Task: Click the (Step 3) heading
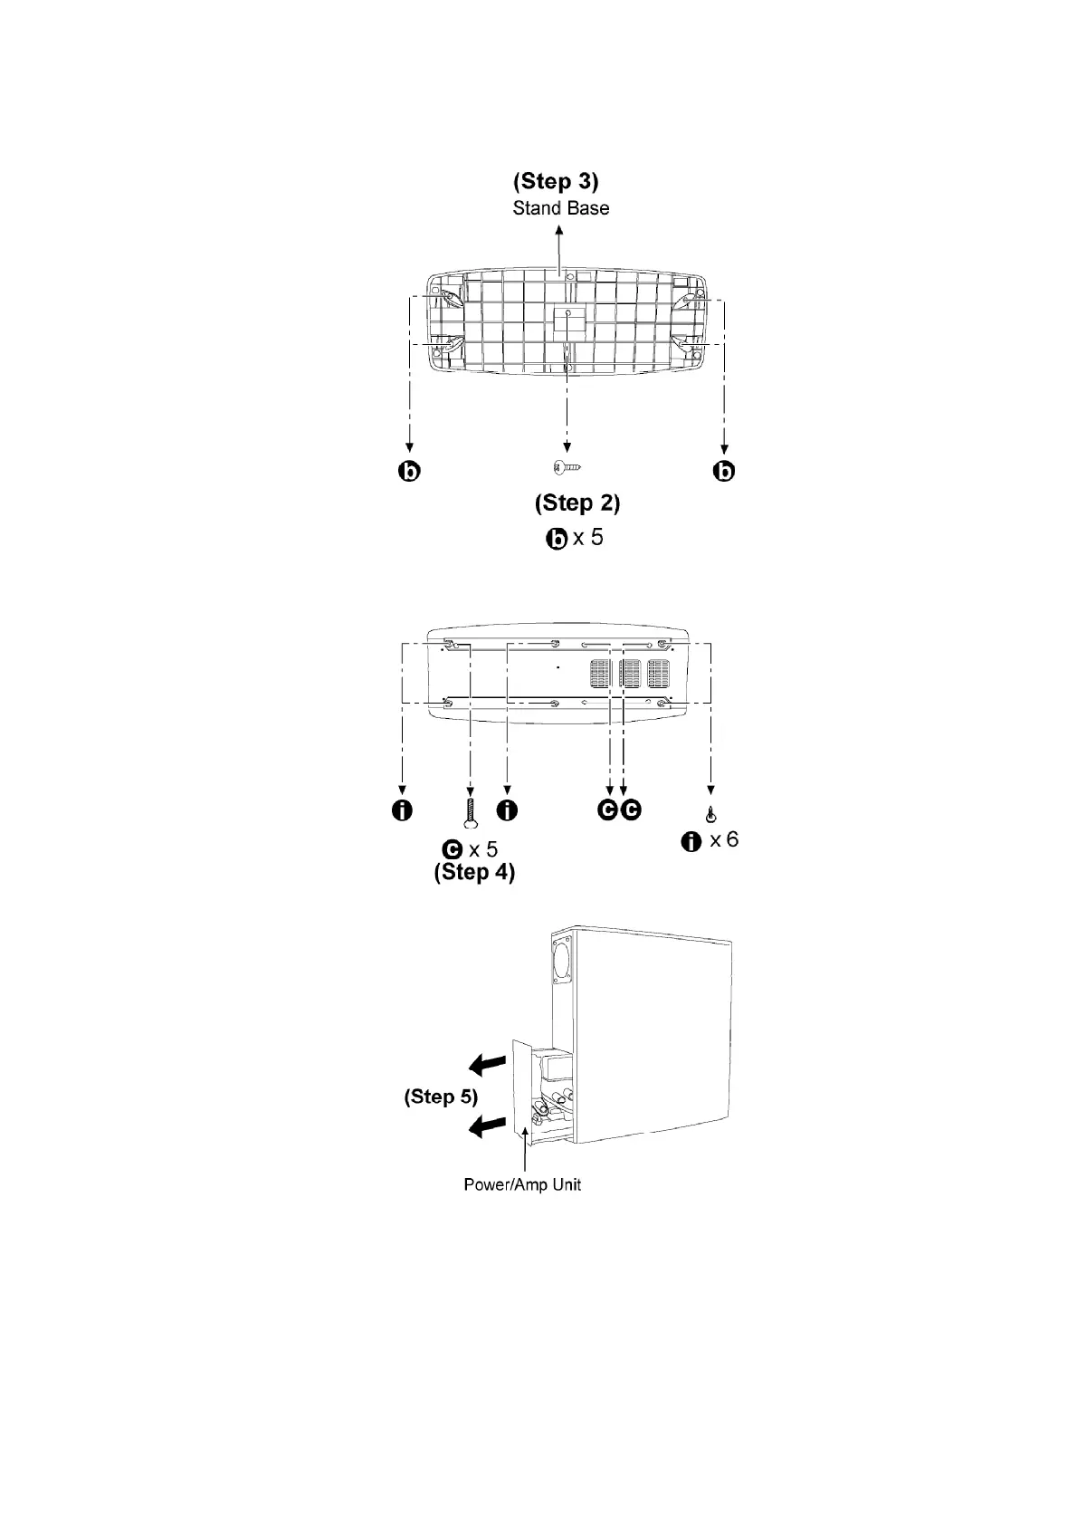(556, 181)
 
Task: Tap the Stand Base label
(560, 208)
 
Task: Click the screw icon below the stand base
(567, 466)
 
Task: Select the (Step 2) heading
(577, 503)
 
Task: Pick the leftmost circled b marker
(410, 471)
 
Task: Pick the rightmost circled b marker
(724, 471)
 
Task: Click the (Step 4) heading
(474, 873)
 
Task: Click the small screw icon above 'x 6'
(711, 812)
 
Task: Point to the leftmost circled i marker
(402, 809)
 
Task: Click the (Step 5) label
(441, 1097)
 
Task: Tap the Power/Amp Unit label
(522, 1184)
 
